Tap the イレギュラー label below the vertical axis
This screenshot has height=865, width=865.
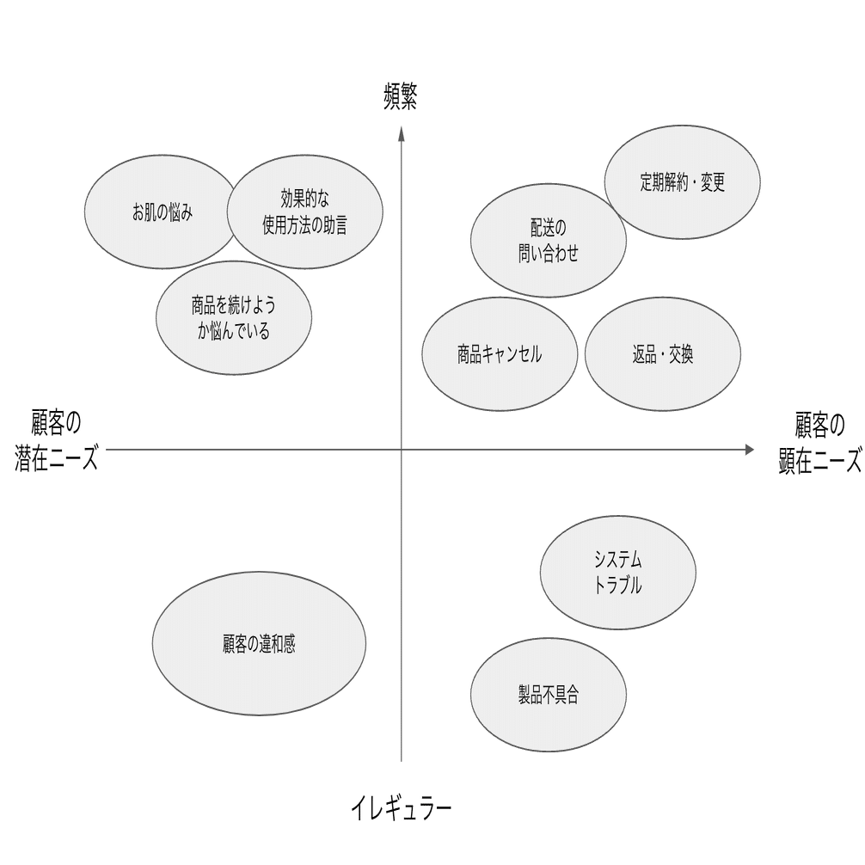[x=401, y=808]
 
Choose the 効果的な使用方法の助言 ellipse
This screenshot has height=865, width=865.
[x=305, y=212]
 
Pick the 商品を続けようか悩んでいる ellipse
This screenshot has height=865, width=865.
[x=233, y=318]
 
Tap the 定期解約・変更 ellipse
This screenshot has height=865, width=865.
[x=683, y=181]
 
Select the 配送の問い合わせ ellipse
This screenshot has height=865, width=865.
[x=548, y=240]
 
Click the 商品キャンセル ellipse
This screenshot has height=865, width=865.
[x=500, y=354]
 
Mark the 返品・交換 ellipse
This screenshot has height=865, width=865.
[x=662, y=354]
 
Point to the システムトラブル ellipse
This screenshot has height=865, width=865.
[x=617, y=573]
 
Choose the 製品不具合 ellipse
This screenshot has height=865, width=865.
[x=548, y=695]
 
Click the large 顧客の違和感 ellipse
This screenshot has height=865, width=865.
[x=259, y=643]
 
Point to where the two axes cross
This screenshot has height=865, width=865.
[x=401, y=449]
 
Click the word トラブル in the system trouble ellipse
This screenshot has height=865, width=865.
[x=617, y=587]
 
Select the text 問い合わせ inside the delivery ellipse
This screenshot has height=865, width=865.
[x=548, y=255]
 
